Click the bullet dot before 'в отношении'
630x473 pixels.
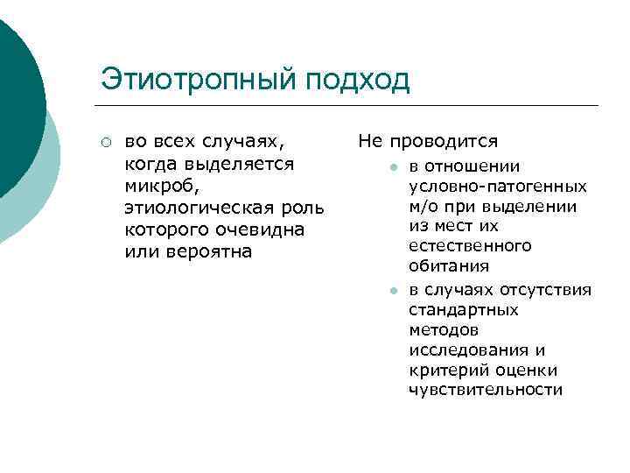395,167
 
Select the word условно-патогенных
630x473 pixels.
497,186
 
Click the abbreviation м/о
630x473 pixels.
423,207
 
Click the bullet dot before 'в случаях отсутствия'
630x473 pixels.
395,291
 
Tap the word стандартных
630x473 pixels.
463,310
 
